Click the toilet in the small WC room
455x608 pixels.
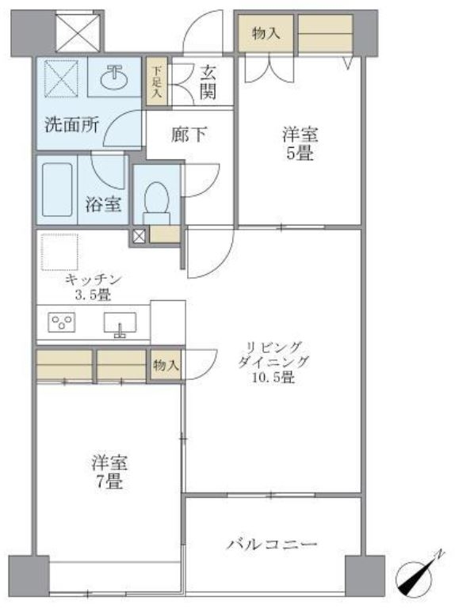(157, 198)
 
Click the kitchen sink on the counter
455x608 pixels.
(120, 325)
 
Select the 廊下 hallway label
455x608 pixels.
(189, 135)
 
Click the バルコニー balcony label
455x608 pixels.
(272, 545)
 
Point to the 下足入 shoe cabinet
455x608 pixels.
(156, 81)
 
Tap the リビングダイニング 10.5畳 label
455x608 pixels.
(273, 362)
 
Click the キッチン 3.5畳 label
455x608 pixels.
(93, 286)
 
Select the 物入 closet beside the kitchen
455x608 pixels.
(166, 365)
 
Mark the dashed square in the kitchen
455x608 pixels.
(59, 251)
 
